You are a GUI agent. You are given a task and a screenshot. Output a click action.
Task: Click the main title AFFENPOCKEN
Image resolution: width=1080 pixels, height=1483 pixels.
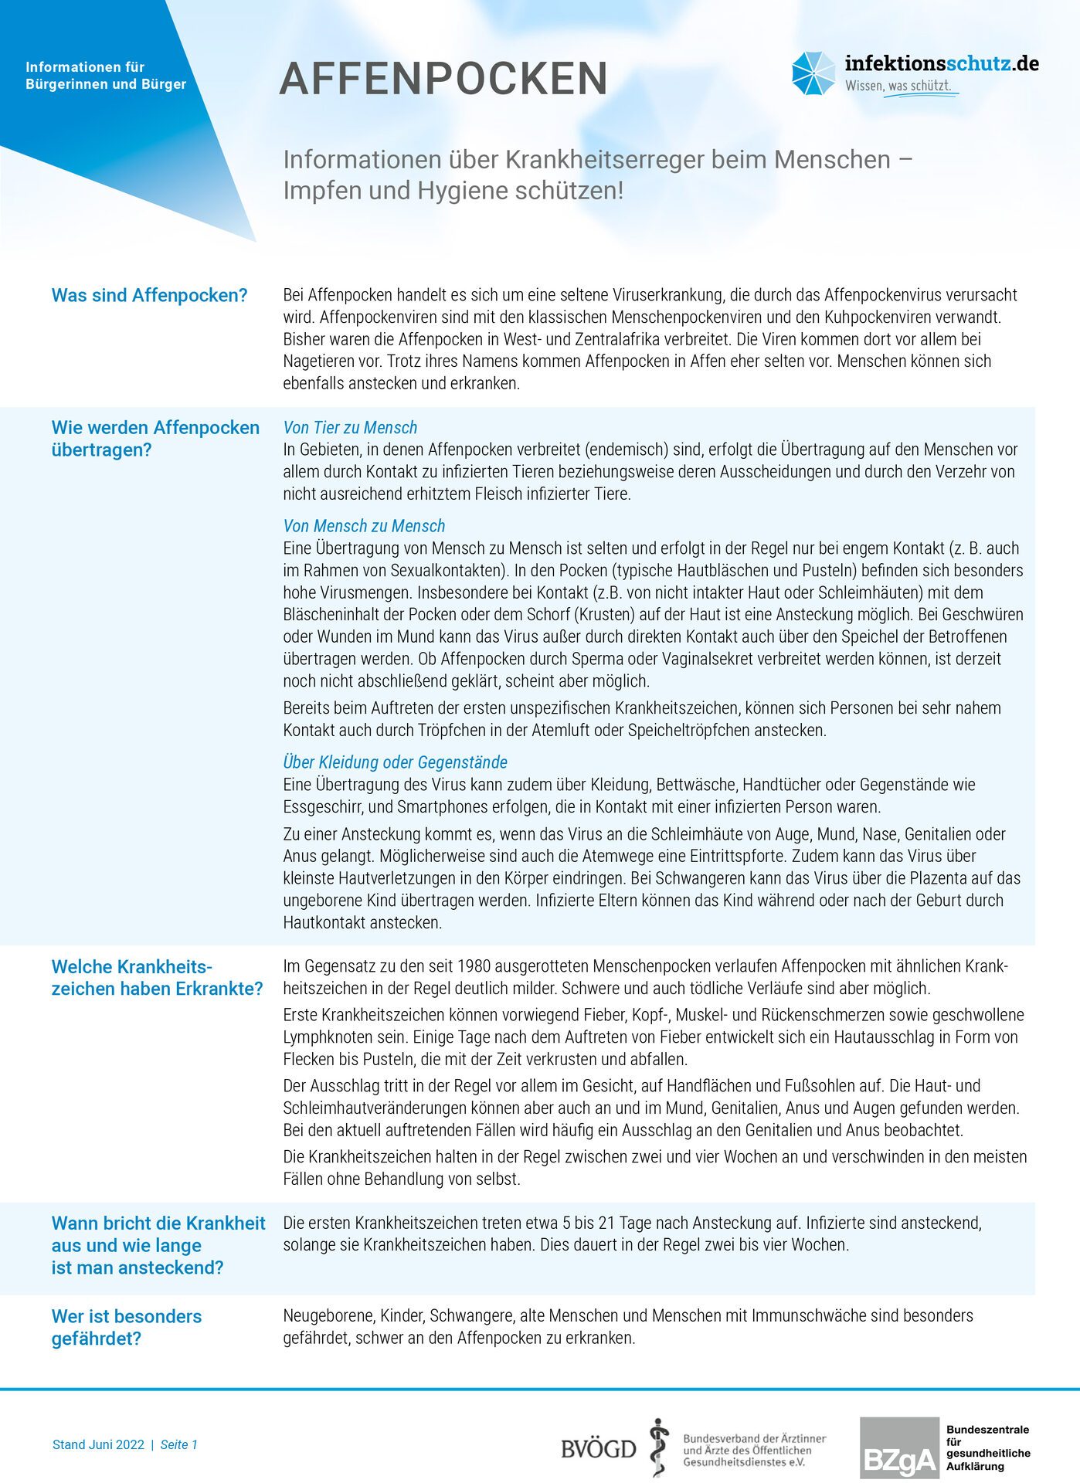pyautogui.click(x=443, y=79)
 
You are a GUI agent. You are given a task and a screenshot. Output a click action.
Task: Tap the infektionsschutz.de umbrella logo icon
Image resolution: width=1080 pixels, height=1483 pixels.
pyautogui.click(x=813, y=74)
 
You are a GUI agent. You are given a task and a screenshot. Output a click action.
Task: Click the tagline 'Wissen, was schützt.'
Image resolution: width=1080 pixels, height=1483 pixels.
pyautogui.click(x=898, y=86)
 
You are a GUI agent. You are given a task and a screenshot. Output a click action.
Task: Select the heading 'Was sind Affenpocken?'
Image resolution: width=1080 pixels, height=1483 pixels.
pyautogui.click(x=149, y=295)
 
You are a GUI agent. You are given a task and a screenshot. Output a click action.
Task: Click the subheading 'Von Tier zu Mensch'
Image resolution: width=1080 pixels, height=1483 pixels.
pyautogui.click(x=350, y=427)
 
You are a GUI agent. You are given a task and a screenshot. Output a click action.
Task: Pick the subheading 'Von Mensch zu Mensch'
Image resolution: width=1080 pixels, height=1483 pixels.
pyautogui.click(x=364, y=526)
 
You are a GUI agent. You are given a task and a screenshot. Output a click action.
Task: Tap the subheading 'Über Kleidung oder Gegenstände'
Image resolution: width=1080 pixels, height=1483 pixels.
pyautogui.click(x=395, y=762)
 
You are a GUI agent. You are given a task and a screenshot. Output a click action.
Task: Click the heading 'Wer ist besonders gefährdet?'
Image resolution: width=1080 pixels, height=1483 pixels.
pyautogui.click(x=127, y=1327)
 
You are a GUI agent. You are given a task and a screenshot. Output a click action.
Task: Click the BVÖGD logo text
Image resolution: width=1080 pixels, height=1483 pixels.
pyautogui.click(x=599, y=1449)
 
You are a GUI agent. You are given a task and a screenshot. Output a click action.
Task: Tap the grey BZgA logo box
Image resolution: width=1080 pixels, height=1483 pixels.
pyautogui.click(x=898, y=1448)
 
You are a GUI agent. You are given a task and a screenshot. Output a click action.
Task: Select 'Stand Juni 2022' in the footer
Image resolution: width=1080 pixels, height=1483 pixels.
pyautogui.click(x=98, y=1444)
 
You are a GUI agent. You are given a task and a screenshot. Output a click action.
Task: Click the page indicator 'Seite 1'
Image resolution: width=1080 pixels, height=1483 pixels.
pyautogui.click(x=179, y=1444)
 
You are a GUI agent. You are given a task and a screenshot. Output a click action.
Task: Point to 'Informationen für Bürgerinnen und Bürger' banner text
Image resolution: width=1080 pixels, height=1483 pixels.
pyautogui.click(x=106, y=76)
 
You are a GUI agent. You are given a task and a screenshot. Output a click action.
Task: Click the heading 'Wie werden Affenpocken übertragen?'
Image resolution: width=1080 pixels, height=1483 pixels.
pyautogui.click(x=155, y=439)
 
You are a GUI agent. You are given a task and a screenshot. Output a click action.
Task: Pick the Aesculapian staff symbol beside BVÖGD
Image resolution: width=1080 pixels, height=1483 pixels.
pyautogui.click(x=658, y=1447)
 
